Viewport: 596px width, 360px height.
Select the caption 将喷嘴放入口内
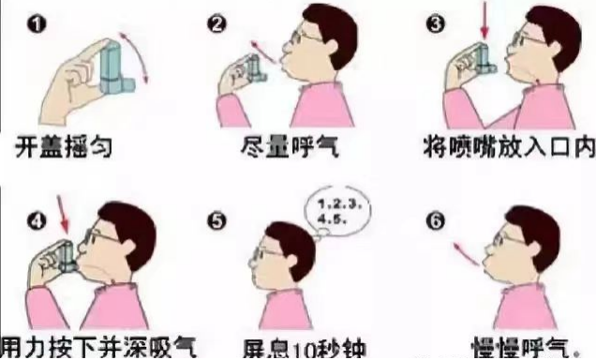(x=506, y=148)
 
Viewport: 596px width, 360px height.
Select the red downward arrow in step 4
(x=65, y=217)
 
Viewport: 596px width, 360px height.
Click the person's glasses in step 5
(x=270, y=252)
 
